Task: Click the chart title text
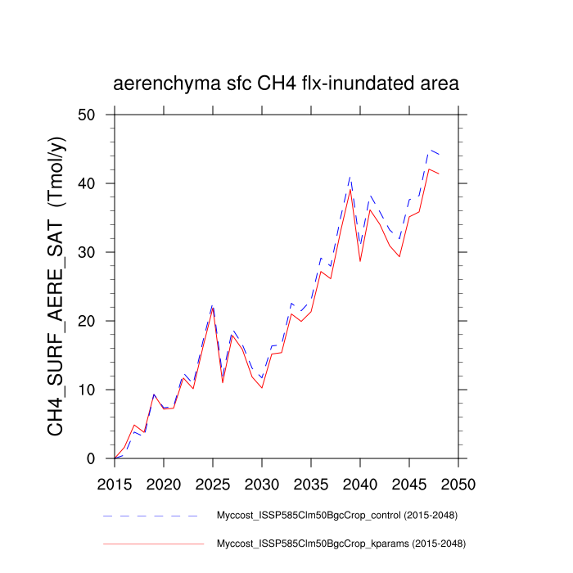286,84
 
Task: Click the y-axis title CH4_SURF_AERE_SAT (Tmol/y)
56,286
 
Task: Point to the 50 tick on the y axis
95,115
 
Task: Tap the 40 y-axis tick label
95,183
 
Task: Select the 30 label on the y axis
95,252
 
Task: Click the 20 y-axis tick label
95,321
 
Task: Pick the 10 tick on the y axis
95,390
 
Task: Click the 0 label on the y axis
101,458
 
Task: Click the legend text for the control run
336,516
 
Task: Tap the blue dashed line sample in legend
152,516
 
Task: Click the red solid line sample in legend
152,543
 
